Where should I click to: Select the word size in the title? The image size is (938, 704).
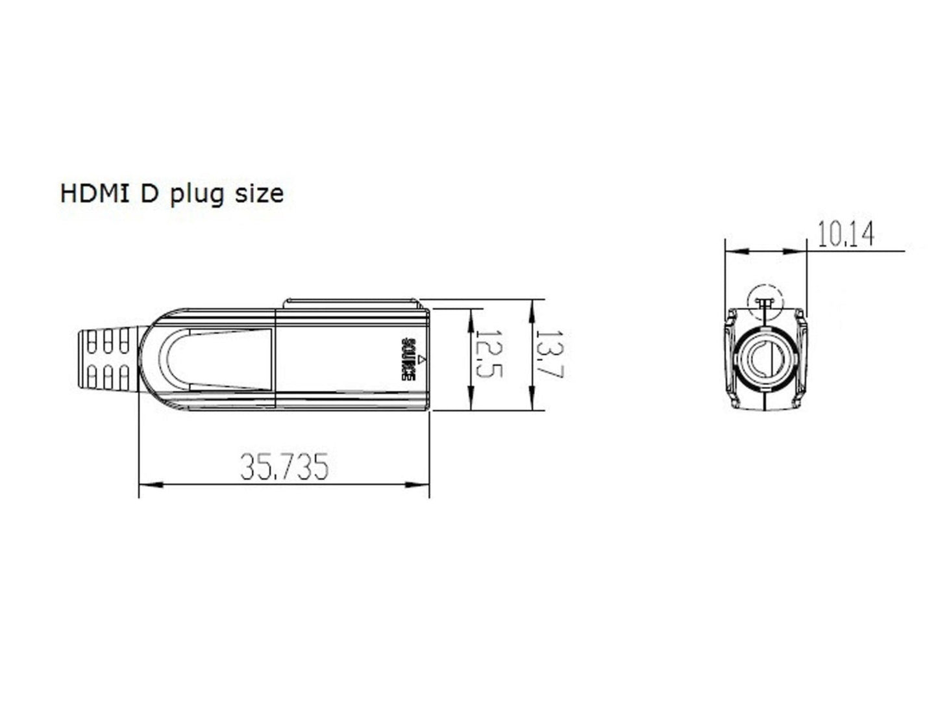click(258, 194)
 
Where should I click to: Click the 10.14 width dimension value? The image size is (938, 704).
click(845, 234)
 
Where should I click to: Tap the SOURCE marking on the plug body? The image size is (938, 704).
click(408, 359)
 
